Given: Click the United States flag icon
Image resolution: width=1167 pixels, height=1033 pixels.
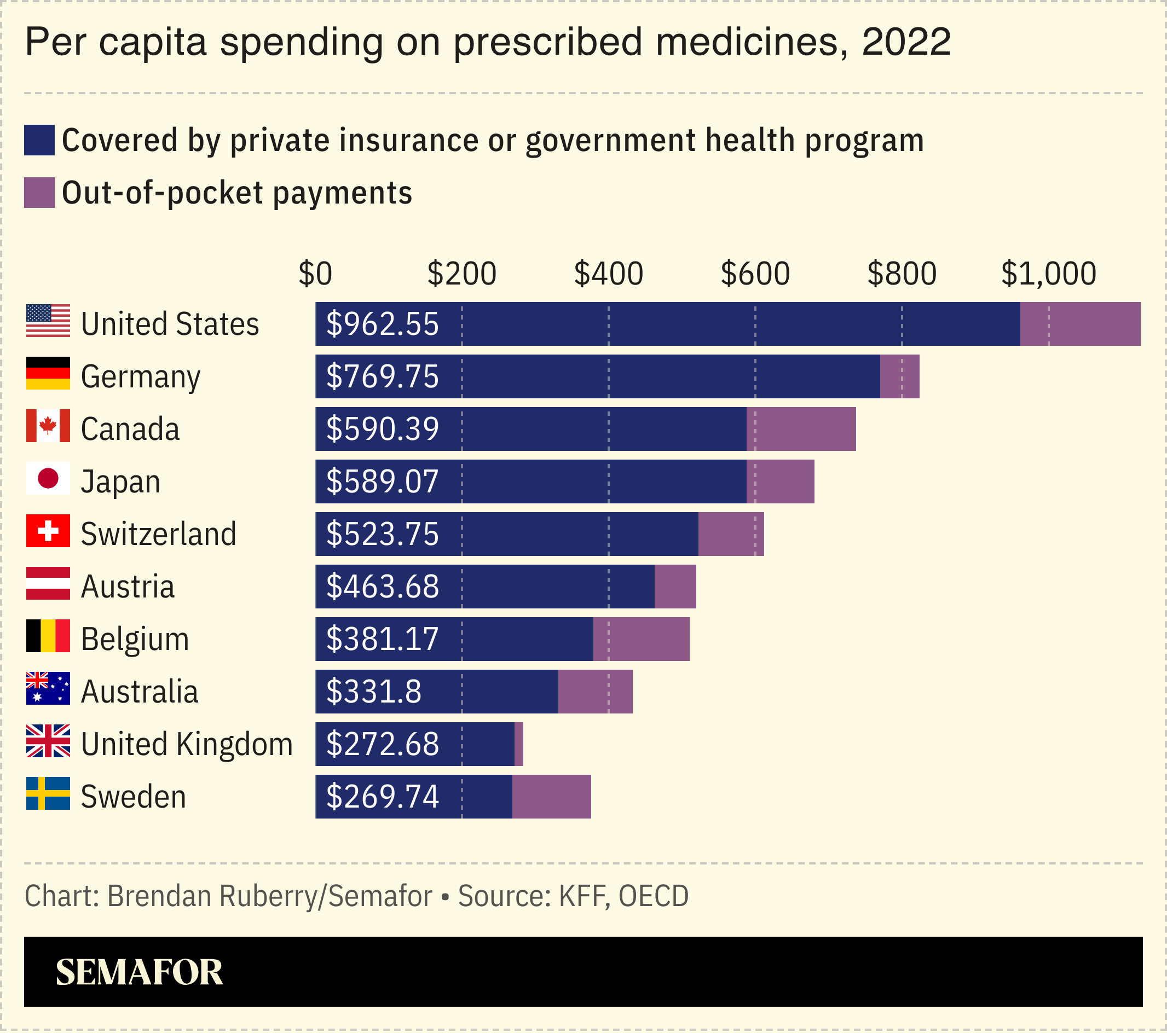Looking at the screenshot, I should (x=48, y=321).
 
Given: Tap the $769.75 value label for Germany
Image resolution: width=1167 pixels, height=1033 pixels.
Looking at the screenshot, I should (x=382, y=376).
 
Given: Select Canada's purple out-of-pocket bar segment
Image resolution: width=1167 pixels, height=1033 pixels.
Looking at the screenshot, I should (x=801, y=429).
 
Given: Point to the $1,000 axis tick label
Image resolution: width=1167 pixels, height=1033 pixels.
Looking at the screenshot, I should (x=1048, y=274).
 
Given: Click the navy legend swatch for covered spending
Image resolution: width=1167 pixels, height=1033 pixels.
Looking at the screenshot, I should (x=39, y=141).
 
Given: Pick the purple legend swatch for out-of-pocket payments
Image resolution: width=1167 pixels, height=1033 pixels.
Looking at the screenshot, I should (x=39, y=193).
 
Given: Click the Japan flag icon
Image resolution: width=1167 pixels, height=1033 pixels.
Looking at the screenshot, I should (x=48, y=478).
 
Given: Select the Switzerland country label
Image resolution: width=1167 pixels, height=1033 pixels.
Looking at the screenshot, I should (x=158, y=534).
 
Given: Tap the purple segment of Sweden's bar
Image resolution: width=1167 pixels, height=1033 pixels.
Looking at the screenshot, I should (x=552, y=797).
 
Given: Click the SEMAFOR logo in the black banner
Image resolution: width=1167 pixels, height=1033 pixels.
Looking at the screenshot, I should (x=140, y=972).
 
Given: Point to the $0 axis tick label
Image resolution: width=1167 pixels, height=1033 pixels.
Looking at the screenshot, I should (x=315, y=274).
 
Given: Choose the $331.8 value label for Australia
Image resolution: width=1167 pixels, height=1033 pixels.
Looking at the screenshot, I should (x=373, y=692).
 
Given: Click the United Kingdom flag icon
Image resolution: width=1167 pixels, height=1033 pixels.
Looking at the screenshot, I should (x=48, y=741).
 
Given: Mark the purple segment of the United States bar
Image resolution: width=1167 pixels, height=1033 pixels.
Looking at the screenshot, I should (x=1080, y=324).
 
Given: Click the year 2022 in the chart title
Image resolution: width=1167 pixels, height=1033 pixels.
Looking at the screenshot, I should (x=906, y=42).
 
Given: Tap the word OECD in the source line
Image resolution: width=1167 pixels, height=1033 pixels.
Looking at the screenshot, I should (x=654, y=896).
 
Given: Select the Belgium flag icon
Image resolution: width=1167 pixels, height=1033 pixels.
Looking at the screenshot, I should (x=48, y=636).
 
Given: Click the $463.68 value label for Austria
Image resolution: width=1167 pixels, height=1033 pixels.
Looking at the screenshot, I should (x=382, y=587).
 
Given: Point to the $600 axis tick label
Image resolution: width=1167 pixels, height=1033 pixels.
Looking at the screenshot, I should (x=755, y=274).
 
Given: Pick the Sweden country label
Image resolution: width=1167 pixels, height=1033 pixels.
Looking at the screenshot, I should (x=133, y=797).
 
